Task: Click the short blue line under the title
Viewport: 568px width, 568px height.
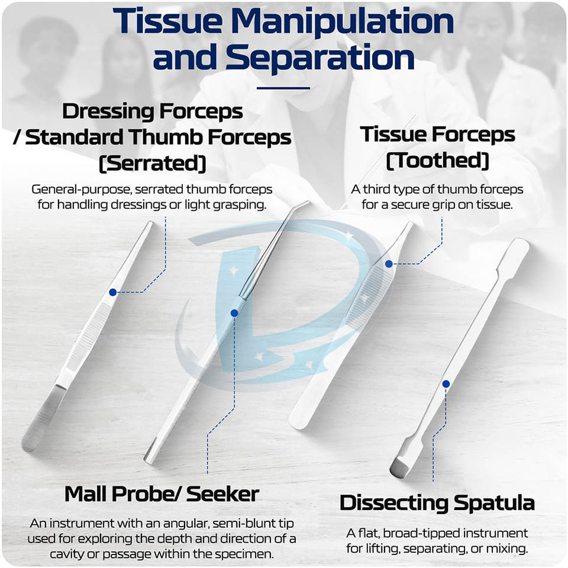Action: coord(283,88)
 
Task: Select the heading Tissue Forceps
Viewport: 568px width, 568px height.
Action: coord(438,134)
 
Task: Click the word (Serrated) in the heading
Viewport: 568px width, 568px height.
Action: coord(152,164)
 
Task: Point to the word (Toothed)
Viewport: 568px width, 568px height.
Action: coord(438,160)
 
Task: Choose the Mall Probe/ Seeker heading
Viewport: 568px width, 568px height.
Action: coord(162,493)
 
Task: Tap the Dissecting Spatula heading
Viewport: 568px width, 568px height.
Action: coord(437,503)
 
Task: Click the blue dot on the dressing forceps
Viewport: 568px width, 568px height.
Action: coord(112,292)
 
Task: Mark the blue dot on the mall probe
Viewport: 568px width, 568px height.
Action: coord(234,312)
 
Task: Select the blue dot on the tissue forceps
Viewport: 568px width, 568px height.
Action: coord(388,263)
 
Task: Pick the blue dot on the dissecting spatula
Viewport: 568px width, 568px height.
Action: coord(446,384)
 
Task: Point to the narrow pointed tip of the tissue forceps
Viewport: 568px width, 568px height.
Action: coord(408,228)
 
